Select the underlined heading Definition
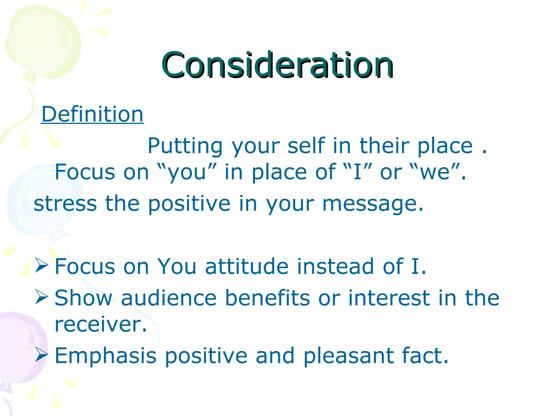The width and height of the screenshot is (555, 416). (92, 114)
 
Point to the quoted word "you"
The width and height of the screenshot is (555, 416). (187, 172)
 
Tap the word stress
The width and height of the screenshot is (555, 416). (65, 204)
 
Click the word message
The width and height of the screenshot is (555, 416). (373, 204)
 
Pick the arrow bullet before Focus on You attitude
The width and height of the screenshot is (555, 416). (41, 265)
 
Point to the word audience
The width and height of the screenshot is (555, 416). (169, 298)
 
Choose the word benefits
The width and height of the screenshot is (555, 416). (267, 298)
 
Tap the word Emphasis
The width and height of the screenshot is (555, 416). (106, 356)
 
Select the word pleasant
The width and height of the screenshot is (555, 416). (348, 356)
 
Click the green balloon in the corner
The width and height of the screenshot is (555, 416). (43, 43)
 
